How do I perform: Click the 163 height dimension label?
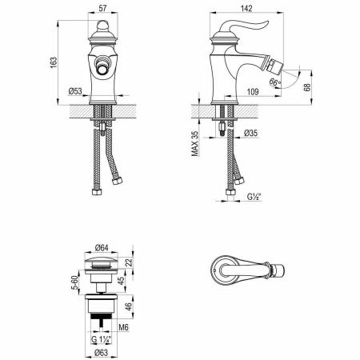tap(54, 62)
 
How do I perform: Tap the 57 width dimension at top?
tap(102, 8)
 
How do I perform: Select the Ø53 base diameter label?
tap(75, 91)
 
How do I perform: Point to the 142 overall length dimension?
tap(246, 8)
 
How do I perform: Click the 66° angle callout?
tap(275, 82)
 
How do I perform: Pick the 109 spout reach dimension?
tap(253, 92)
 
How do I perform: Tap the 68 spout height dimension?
tap(307, 87)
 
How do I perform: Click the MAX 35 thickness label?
tap(195, 143)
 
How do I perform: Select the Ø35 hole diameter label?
tap(250, 133)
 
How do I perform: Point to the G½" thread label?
tap(254, 197)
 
